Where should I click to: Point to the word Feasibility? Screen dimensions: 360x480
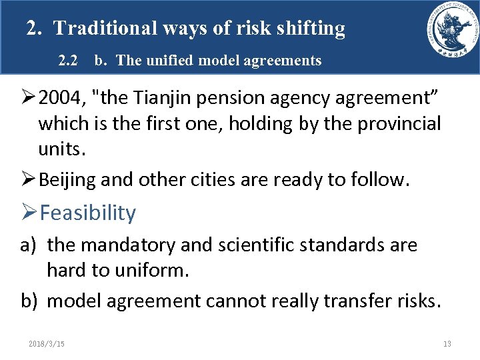87,213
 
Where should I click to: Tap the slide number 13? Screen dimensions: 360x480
447,343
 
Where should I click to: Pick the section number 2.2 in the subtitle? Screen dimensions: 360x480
68,61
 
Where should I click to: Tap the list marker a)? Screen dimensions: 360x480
29,245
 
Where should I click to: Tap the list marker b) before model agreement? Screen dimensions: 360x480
29,301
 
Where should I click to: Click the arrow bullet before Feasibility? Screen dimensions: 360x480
29,213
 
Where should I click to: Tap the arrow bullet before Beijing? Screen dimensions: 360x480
29,179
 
